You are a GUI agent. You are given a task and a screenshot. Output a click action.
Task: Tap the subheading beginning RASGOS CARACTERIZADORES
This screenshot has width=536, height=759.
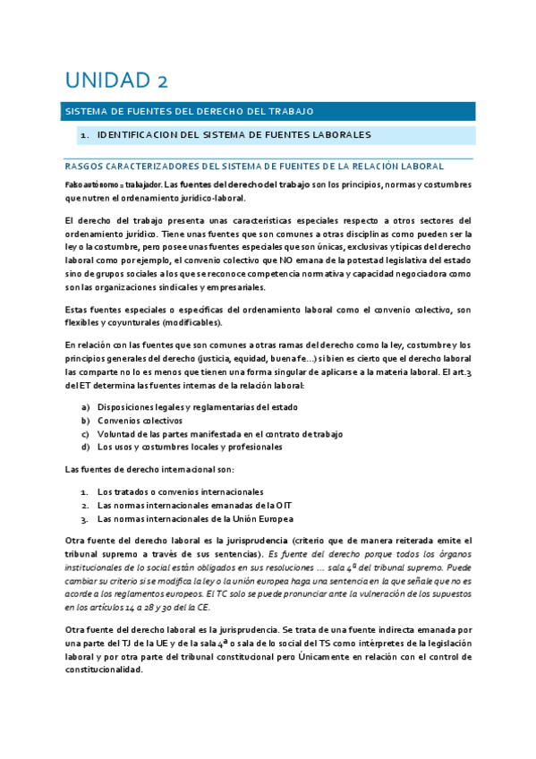tap(255, 166)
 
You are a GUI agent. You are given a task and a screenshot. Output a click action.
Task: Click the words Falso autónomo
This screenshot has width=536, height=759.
tap(89, 183)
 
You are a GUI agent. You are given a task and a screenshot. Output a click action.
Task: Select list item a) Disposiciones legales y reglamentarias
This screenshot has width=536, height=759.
tap(197, 407)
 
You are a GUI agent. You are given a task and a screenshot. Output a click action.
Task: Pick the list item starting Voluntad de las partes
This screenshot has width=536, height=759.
tap(219, 433)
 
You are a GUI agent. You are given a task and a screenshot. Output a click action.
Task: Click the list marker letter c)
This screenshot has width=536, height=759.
tap(86, 433)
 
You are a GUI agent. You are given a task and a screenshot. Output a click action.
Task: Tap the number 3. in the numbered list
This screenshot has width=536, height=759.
tap(84, 518)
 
